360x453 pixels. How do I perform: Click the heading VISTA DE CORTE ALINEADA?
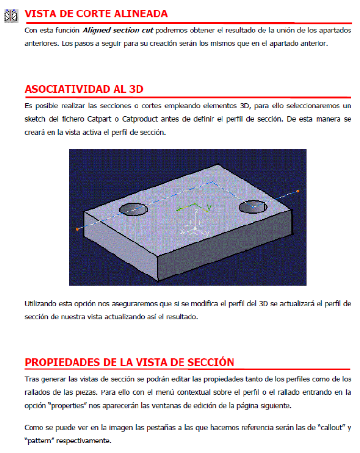[96, 14]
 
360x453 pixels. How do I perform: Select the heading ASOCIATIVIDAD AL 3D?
[84, 89]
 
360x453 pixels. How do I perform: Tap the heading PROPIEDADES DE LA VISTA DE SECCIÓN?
[129, 362]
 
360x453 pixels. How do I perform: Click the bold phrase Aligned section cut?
[118, 31]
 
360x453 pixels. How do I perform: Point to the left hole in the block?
[133, 209]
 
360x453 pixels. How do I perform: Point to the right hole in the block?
[253, 207]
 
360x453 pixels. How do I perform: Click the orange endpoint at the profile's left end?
[77, 229]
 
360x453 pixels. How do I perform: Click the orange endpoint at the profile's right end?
[298, 191]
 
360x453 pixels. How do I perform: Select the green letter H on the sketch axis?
[180, 209]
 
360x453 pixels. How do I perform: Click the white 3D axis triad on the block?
[195, 228]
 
